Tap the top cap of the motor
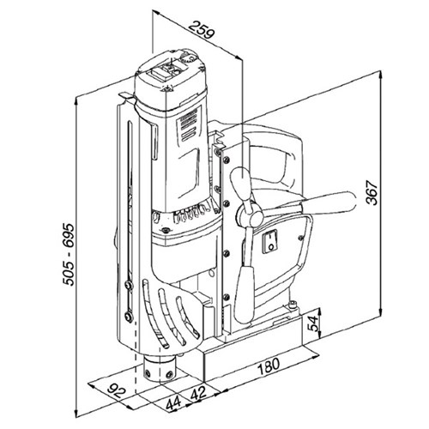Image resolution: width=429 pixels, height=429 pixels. (176, 73)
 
